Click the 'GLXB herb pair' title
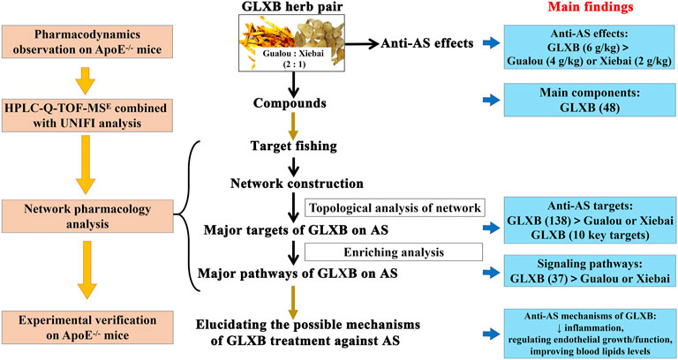point(289,11)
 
